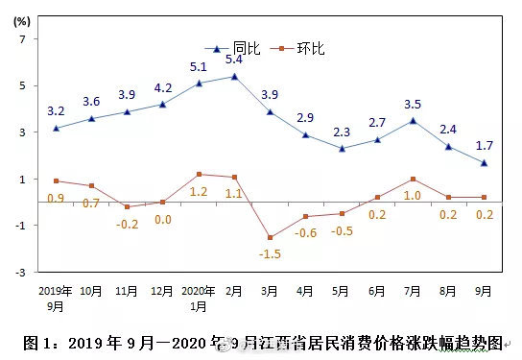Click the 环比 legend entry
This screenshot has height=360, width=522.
pyautogui.click(x=297, y=48)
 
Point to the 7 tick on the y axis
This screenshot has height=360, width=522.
pyautogui.click(x=28, y=39)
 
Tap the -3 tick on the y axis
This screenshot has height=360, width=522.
pyautogui.click(x=26, y=272)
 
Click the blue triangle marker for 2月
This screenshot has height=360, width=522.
pyautogui.click(x=234, y=76)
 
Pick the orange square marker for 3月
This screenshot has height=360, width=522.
pyautogui.click(x=270, y=237)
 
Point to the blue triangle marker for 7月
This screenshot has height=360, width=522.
pyautogui.click(x=413, y=120)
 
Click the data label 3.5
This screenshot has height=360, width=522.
pyautogui.click(x=414, y=104)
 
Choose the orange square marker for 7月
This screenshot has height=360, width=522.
pyautogui.click(x=413, y=179)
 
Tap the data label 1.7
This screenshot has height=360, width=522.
pyautogui.click(x=485, y=146)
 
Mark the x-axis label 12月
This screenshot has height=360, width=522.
pyautogui.click(x=162, y=290)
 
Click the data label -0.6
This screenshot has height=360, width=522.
pyautogui.click(x=305, y=233)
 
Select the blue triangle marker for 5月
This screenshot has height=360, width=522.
pyautogui.click(x=342, y=148)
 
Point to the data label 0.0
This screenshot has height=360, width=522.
pyautogui.click(x=163, y=220)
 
